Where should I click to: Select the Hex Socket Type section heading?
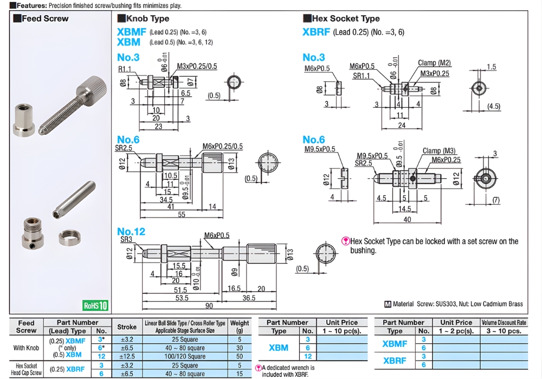pyautogui.click(x=345, y=18)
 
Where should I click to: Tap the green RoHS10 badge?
pyautogui.click(x=95, y=305)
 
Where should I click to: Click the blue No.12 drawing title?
pyautogui.click(x=131, y=232)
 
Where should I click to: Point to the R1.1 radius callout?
pyautogui.click(x=125, y=69)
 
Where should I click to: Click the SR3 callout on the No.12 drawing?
pyautogui.click(x=126, y=239)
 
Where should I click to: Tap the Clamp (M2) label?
pyautogui.click(x=434, y=63)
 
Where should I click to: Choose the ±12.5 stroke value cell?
pyautogui.click(x=127, y=356)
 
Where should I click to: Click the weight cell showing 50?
pyautogui.click(x=240, y=356)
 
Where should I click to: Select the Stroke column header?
pyautogui.click(x=127, y=326)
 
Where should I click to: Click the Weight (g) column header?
pyautogui.click(x=240, y=326)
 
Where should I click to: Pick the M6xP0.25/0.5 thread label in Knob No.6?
pyautogui.click(x=223, y=146)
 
